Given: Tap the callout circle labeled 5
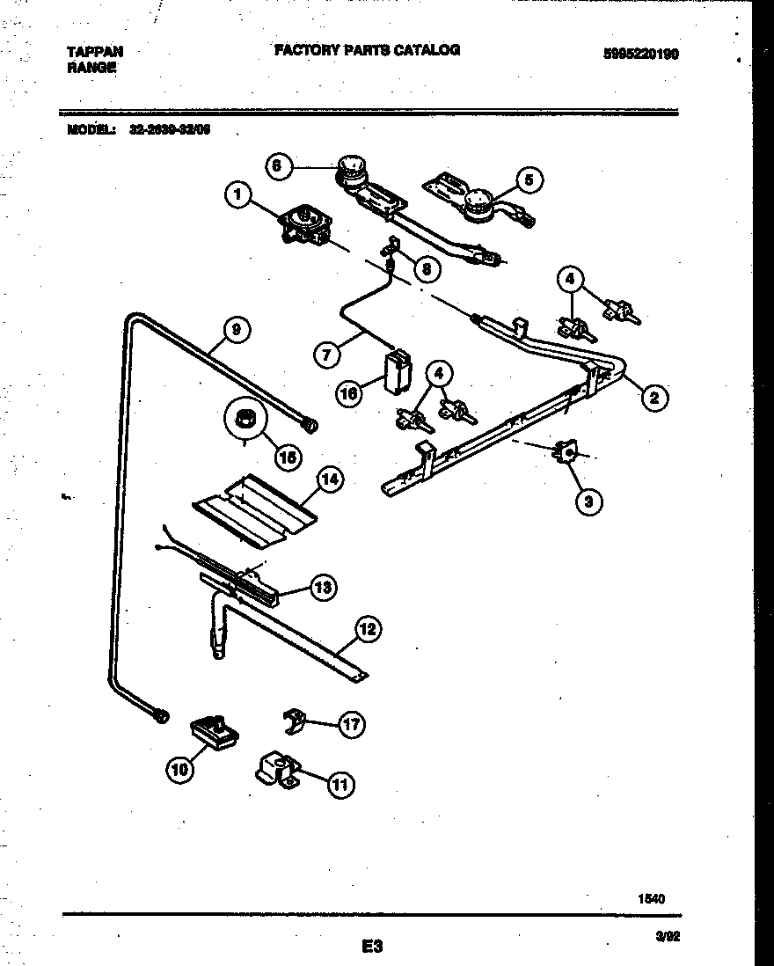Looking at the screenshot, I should point(529,180).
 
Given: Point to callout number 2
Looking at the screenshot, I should point(653,398).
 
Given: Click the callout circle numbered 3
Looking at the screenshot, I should point(588,502).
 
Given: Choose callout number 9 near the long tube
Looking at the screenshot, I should point(235,331).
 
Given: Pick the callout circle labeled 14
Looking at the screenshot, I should point(330,479).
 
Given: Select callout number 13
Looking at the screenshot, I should point(323,588).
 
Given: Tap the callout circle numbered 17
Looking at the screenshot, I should point(352,724).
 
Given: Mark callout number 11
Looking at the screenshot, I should point(340,785).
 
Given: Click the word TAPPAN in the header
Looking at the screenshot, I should point(95,52).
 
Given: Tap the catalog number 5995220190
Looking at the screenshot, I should point(640,53).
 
